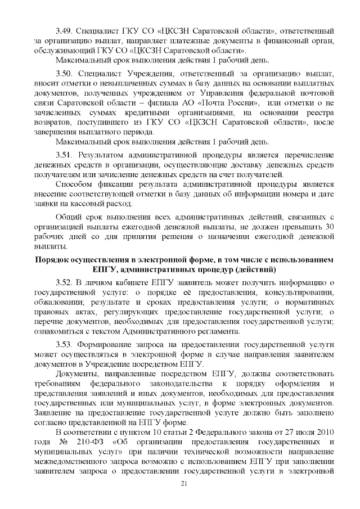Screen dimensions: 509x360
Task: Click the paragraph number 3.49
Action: tap(65, 28)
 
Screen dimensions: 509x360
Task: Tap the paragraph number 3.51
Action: tap(65, 154)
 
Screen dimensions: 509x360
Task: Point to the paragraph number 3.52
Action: tap(65, 282)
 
